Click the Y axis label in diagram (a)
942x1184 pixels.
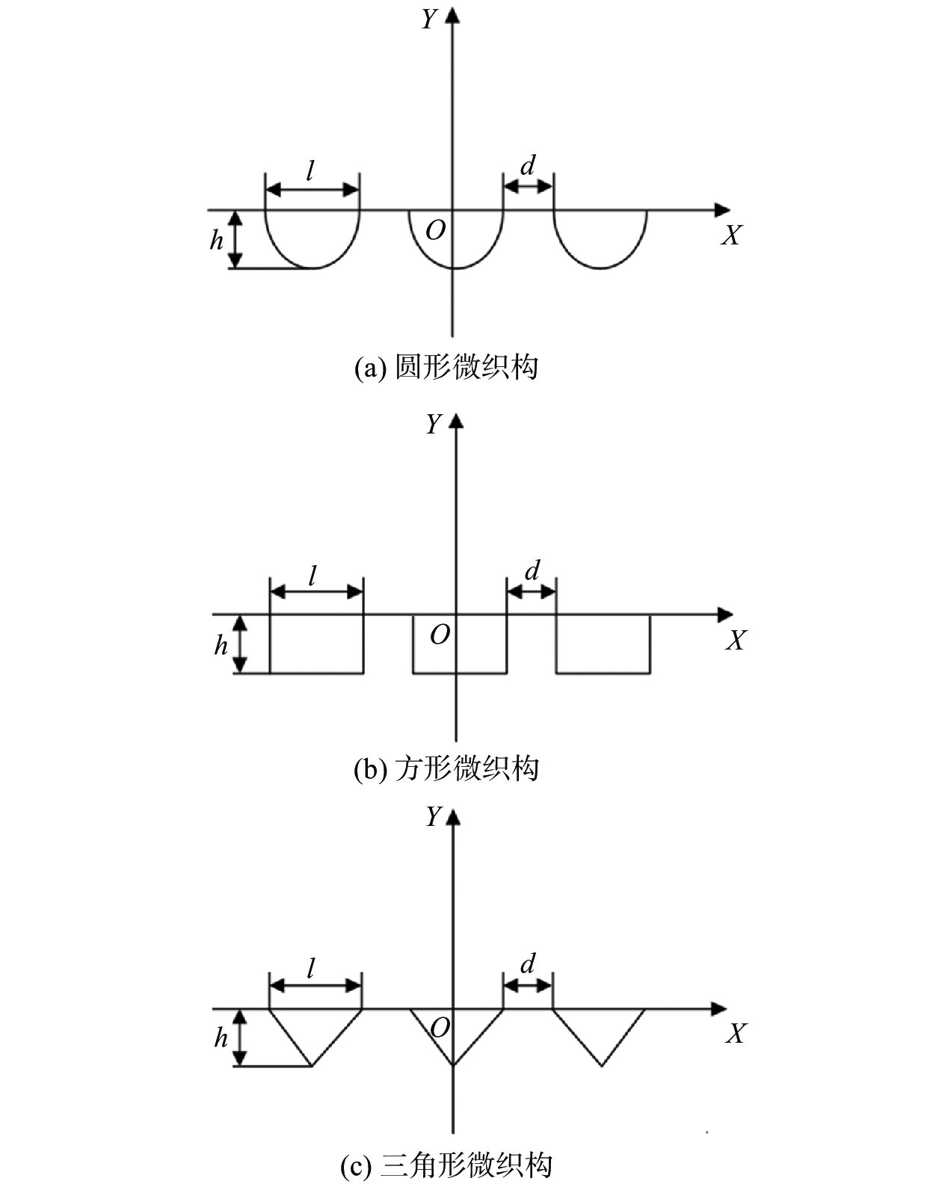click(x=428, y=19)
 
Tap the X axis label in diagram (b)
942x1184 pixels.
click(x=736, y=641)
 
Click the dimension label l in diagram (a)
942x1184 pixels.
click(x=310, y=172)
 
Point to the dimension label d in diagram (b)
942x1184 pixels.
click(x=532, y=571)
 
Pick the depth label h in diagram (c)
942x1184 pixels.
click(x=221, y=1038)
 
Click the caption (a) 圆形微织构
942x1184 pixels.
click(x=446, y=367)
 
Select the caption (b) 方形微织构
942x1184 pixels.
click(x=446, y=768)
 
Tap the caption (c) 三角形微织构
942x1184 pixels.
click(x=446, y=1165)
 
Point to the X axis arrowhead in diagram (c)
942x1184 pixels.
click(x=718, y=1008)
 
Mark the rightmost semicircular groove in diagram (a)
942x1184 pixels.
click(x=600, y=238)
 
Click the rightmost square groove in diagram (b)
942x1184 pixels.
click(x=603, y=644)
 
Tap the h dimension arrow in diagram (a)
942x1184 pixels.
click(x=235, y=239)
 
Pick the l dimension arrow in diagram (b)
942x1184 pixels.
click(x=316, y=592)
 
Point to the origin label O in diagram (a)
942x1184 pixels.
click(x=435, y=231)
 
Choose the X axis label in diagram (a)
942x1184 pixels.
click(x=731, y=235)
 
